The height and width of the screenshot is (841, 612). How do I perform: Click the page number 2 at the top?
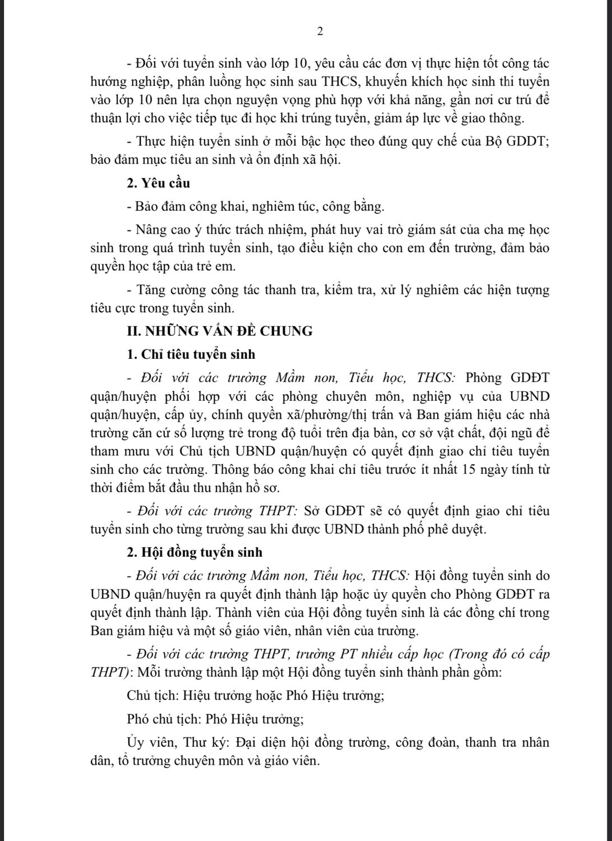320,31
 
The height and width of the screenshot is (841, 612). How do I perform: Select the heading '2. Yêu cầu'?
159,183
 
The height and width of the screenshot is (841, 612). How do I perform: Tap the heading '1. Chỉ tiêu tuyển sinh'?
191,354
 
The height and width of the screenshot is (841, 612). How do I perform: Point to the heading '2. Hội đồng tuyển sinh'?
194,552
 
